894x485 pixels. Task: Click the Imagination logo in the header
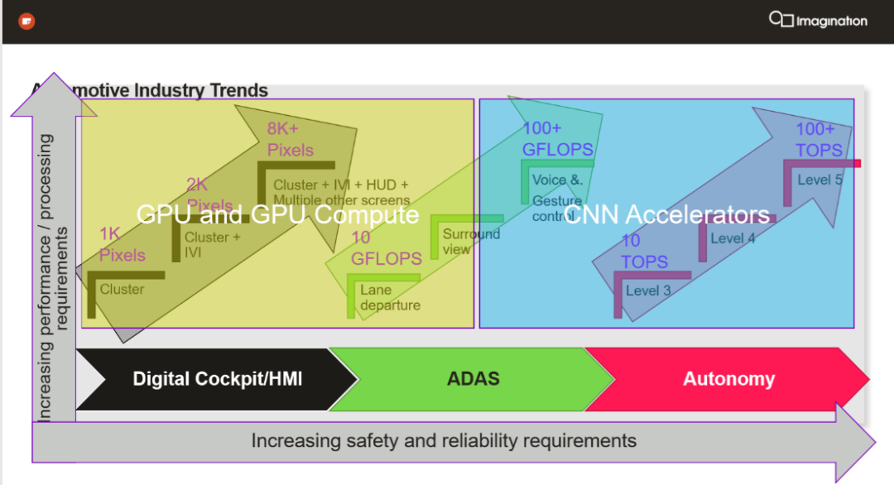818,20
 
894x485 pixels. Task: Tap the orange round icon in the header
26,21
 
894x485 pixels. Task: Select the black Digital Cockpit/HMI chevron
217,379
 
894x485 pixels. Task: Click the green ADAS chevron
473,379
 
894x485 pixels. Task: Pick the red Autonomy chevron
728,379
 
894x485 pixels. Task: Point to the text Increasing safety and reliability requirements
444,440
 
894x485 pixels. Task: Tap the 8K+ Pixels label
291,139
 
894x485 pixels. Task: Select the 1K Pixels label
123,244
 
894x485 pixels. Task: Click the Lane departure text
390,298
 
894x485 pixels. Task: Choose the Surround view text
471,242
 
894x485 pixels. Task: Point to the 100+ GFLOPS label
557,139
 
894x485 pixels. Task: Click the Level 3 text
648,291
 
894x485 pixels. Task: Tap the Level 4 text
733,238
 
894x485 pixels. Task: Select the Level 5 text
819,180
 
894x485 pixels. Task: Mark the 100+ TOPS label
819,139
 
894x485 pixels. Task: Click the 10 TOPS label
644,251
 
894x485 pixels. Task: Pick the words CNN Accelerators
666,215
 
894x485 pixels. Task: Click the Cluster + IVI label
213,244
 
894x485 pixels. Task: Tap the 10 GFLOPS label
386,248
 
